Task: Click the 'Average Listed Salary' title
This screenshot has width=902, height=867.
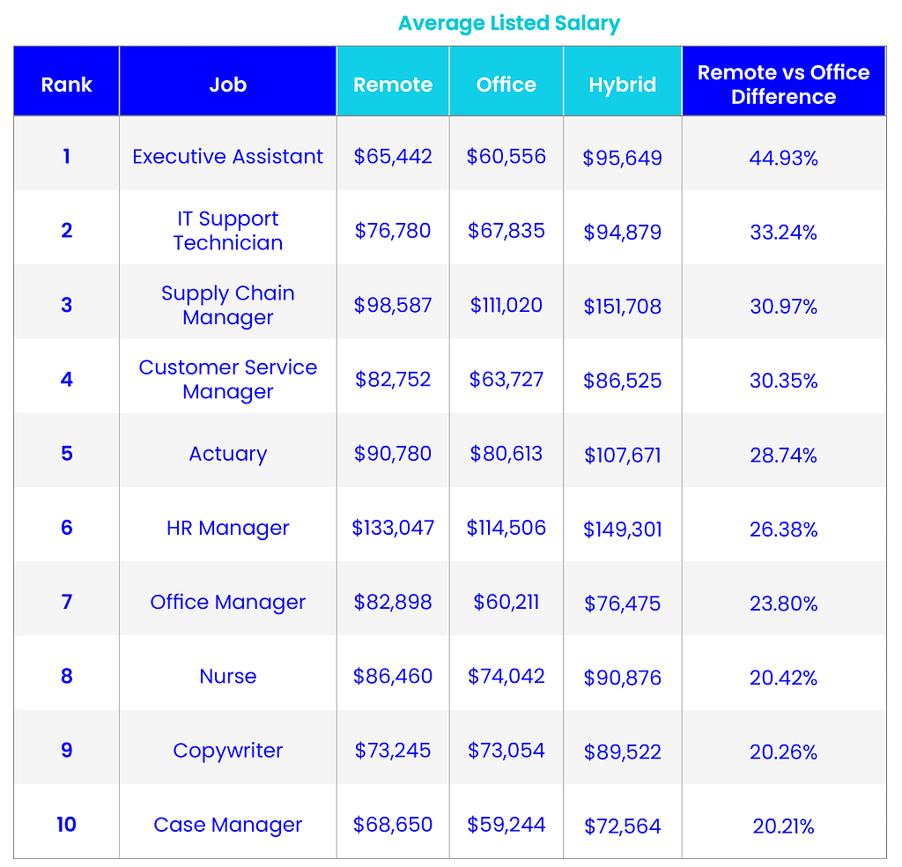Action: (x=509, y=23)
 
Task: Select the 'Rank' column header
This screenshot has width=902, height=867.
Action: (x=67, y=85)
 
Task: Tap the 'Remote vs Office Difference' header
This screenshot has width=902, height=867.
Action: (x=783, y=85)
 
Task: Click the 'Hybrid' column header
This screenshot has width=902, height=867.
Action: (x=622, y=85)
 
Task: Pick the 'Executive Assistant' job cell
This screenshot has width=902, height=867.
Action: (x=227, y=157)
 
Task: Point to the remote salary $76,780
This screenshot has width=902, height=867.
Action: (x=393, y=231)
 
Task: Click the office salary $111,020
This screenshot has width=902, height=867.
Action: (x=506, y=305)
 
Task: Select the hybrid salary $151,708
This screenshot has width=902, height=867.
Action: (x=622, y=307)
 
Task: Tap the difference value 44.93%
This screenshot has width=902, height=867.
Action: (x=783, y=159)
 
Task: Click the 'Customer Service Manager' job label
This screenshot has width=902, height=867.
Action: (x=227, y=380)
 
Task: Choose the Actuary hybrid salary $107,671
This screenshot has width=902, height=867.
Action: (x=622, y=456)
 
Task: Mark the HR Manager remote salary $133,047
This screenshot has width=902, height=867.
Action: (x=393, y=528)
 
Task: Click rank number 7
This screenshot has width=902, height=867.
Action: (x=67, y=603)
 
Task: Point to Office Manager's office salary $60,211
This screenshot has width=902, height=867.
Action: (x=506, y=603)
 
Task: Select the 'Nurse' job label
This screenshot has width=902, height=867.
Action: (x=227, y=677)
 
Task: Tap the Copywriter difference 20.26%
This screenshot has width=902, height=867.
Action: (x=783, y=752)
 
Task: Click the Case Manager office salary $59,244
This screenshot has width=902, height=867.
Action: (x=506, y=825)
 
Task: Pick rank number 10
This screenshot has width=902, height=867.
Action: (x=67, y=825)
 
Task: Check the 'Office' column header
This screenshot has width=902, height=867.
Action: (x=506, y=85)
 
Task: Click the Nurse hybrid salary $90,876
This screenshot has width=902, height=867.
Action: (x=622, y=678)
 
